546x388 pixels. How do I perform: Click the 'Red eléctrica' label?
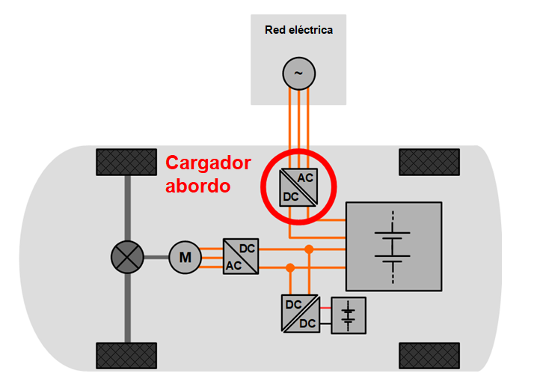pyautogui.click(x=298, y=30)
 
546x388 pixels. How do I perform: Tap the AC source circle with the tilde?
pyautogui.click(x=298, y=73)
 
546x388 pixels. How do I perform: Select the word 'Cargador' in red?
pyautogui.click(x=208, y=163)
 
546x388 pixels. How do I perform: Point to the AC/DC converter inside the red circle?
pyautogui.click(x=297, y=187)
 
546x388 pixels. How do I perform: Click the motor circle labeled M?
pyautogui.click(x=184, y=258)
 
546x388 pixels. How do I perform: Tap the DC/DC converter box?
pyautogui.click(x=299, y=315)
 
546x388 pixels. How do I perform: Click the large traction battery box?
pyautogui.click(x=393, y=246)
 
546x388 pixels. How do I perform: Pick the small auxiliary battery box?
pyautogui.click(x=348, y=315)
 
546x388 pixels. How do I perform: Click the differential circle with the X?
pyautogui.click(x=127, y=258)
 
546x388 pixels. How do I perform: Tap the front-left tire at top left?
pyautogui.click(x=126, y=162)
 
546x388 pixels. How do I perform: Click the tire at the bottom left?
pyautogui.click(x=126, y=355)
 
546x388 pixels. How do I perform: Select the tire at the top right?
pyautogui.click(x=429, y=162)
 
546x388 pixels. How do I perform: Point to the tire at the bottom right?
pyautogui.click(x=429, y=355)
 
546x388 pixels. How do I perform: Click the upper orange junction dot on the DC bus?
pyautogui.click(x=308, y=249)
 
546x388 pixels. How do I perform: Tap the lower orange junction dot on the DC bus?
pyautogui.click(x=290, y=267)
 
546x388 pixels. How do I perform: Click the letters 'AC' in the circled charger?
pyautogui.click(x=305, y=178)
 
